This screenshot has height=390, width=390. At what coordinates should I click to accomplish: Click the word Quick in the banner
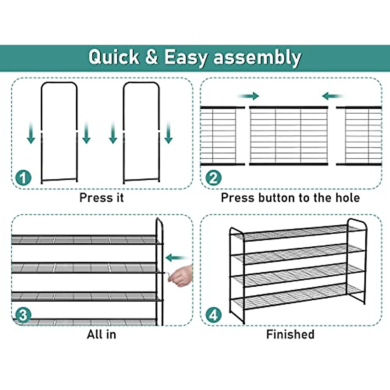pos(113,58)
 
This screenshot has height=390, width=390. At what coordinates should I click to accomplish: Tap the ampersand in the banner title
pos(151,57)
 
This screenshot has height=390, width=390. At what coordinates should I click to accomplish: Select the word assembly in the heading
pos(257,58)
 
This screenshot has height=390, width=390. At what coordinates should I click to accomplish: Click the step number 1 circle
pos(23,178)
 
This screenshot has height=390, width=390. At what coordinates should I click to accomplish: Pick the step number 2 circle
pos(213,178)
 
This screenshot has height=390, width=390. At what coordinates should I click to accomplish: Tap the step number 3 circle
pos(23,315)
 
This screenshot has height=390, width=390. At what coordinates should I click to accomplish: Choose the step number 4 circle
pos(213,315)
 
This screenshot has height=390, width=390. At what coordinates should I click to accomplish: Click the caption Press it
pos(101,198)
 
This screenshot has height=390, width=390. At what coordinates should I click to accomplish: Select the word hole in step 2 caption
pos(347,198)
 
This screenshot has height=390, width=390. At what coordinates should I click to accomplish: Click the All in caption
pos(101,334)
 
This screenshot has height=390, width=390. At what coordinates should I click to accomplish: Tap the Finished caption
pos(290,334)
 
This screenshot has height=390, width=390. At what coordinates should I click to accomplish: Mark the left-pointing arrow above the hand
pos(176,258)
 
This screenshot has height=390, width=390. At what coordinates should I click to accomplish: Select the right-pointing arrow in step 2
pos(249,96)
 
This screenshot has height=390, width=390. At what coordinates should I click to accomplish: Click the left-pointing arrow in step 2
pos(332,96)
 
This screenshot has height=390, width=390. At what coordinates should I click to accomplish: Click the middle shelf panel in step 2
pos(289,136)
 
